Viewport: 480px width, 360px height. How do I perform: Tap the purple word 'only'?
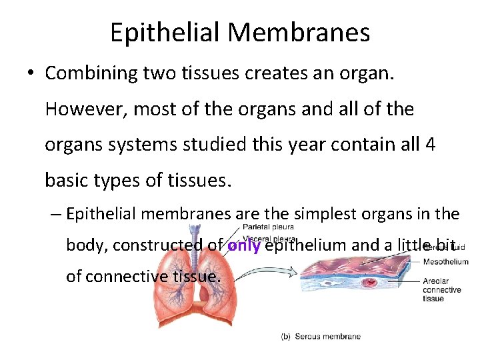tap(243, 245)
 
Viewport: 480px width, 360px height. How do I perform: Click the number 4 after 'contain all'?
tap(430, 145)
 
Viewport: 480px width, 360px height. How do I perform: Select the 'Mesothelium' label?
tap(445, 262)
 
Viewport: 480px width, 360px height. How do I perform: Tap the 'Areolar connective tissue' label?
tap(441, 290)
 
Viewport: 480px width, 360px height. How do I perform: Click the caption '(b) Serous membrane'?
tap(321, 337)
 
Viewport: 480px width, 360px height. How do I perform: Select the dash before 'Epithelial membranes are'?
tap(55, 214)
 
